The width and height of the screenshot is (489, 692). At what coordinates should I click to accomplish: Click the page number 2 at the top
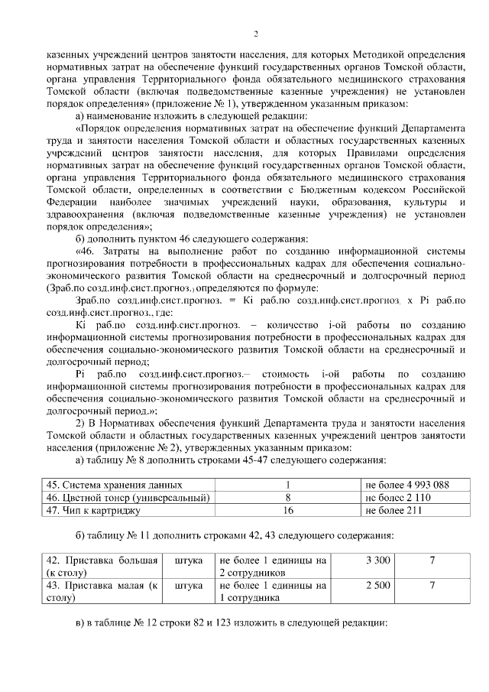click(x=257, y=34)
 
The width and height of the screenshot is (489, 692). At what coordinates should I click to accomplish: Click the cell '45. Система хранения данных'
click(x=115, y=485)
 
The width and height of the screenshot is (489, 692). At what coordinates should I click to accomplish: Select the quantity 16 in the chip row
click(x=288, y=510)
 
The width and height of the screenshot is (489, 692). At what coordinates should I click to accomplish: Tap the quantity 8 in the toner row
click(x=288, y=498)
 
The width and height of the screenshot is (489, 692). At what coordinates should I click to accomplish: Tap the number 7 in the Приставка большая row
click(x=432, y=561)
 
